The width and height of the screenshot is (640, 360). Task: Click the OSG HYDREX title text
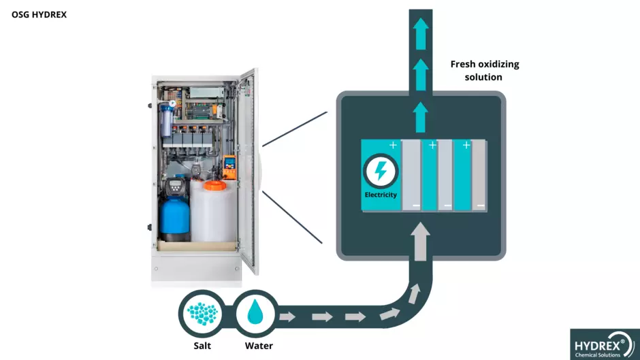pos(39,14)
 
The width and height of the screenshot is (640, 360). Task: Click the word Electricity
pos(381,195)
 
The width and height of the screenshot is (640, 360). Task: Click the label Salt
pos(202,346)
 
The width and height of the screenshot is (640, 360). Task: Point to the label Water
pos(259,346)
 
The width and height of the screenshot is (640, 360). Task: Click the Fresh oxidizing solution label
pos(484,70)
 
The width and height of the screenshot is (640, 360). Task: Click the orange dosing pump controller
pos(229,162)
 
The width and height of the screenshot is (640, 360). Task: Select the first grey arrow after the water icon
pos(287,316)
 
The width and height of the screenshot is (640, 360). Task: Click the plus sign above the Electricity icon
pos(393,145)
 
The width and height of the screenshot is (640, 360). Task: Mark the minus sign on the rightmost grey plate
pos(480,205)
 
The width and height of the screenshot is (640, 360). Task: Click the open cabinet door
pos(249,170)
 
